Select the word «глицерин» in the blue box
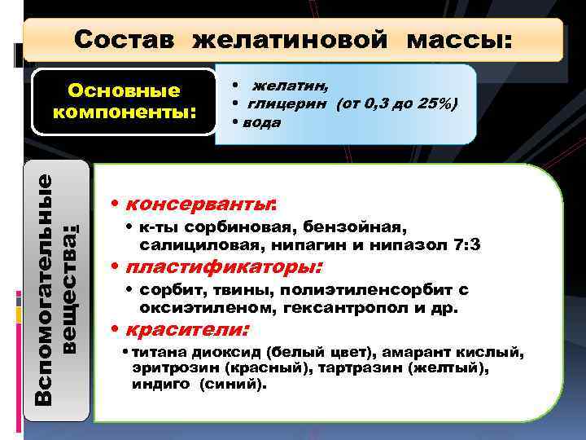click(284, 104)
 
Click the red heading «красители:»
click(186, 331)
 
